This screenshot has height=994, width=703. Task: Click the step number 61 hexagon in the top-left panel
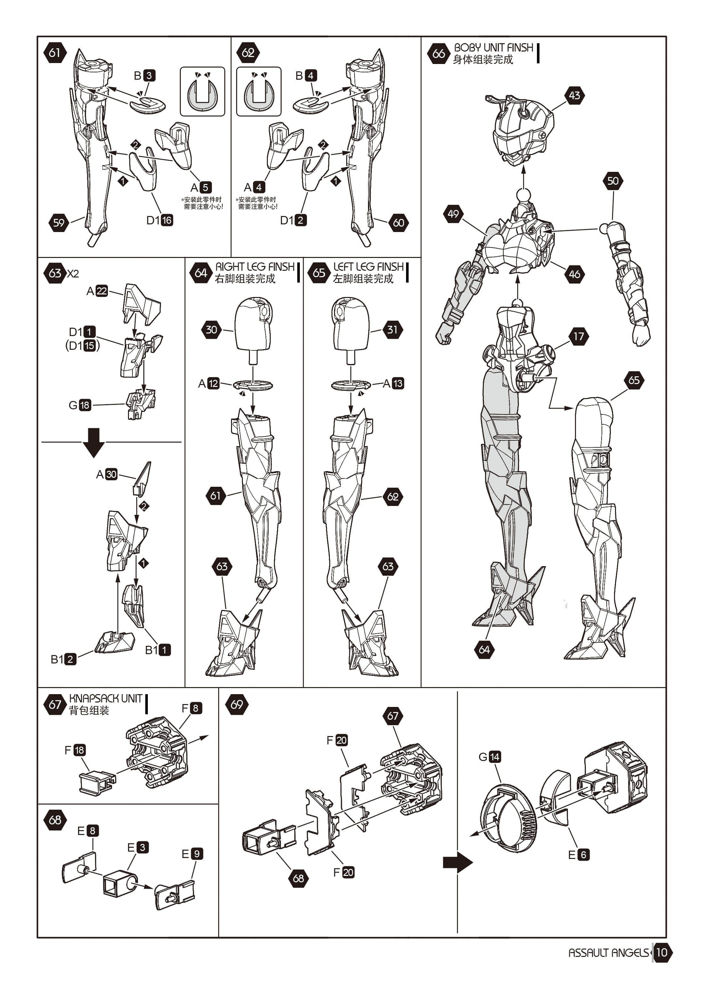point(54,53)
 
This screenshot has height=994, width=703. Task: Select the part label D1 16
point(160,220)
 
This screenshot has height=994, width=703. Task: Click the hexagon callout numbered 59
point(59,223)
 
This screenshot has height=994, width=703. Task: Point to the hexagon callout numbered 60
point(398,223)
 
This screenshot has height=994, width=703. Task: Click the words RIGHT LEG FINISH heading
point(255,267)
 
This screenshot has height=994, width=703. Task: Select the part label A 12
point(209,384)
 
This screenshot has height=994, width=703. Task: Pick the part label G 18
point(80,405)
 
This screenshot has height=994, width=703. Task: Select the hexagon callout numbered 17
point(579,336)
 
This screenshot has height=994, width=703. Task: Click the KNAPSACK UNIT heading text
point(106,699)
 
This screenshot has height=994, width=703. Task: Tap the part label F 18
point(75,750)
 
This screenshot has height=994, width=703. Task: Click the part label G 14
point(490,757)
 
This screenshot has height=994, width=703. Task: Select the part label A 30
point(107,475)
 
